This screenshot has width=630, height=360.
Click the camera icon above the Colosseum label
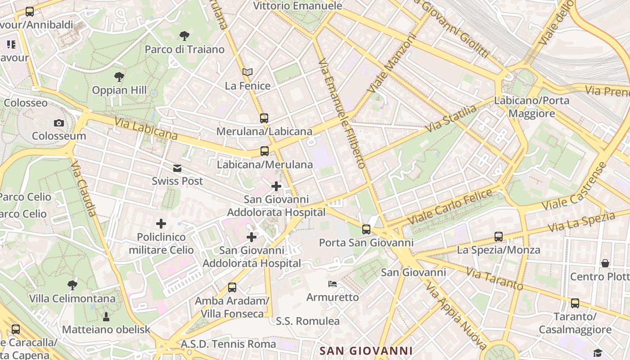coord(59,123)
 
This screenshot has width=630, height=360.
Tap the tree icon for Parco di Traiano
coord(184,36)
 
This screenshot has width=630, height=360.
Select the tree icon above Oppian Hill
coord(119,77)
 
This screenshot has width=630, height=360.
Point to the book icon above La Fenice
coord(247,72)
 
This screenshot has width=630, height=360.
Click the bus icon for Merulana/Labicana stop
coord(264,118)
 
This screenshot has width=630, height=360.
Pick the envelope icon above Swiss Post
coord(177,168)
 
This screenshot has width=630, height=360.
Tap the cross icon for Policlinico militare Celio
coord(161,224)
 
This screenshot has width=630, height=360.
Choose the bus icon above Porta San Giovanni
coord(366,229)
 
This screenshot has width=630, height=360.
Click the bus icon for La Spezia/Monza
coord(499,237)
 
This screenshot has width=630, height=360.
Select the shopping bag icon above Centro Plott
coord(605,263)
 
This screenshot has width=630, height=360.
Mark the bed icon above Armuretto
coord(333,284)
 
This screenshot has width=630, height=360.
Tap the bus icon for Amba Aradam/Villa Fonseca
coord(232,288)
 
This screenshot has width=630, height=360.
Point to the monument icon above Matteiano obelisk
coord(106,317)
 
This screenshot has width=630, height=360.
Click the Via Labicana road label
coord(146,128)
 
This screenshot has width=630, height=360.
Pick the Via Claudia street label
coord(84,189)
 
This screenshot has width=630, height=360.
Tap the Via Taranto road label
coord(495,279)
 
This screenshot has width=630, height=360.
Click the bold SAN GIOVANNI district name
coord(366,351)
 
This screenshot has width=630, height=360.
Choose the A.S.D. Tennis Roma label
coord(228,344)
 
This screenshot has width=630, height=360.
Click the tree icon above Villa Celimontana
coord(72,285)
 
